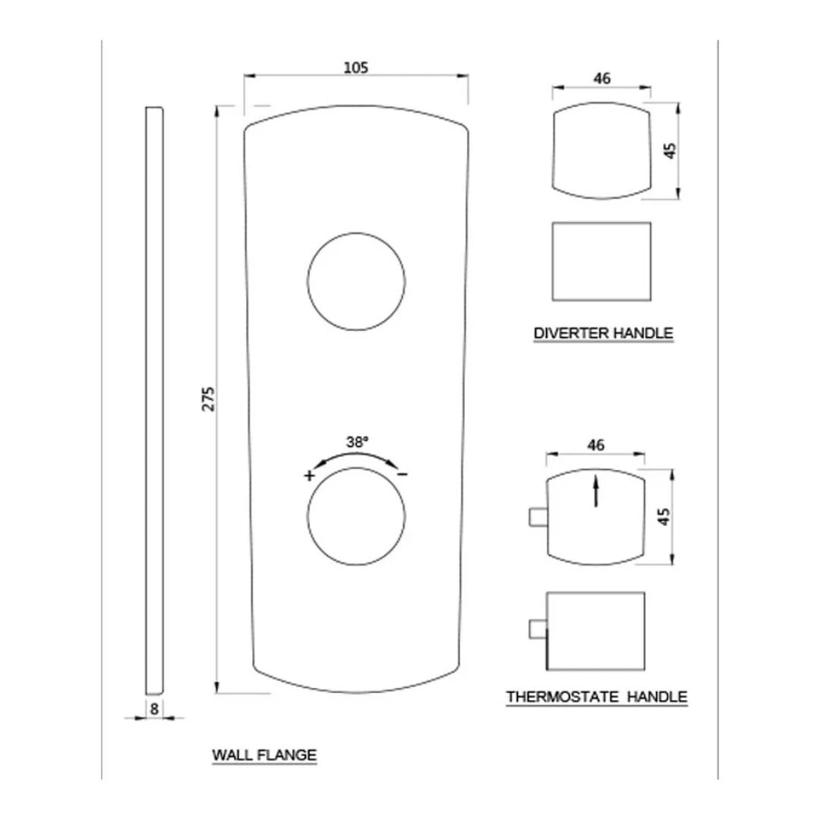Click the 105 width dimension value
pos(355,68)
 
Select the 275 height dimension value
pos(209,399)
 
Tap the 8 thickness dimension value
pos(154,709)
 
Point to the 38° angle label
pos(357,441)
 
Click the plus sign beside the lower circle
pos(309,476)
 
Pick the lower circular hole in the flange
pos(355,516)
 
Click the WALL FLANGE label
pos(263,755)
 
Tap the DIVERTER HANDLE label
pos(603,333)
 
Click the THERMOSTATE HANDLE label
pos(596,696)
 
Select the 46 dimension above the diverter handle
pos(601,78)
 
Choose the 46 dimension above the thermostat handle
pos(596,446)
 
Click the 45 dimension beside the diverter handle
pos(669,150)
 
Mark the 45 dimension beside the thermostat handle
pos(664,517)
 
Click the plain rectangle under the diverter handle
pos(601,260)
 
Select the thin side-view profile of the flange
pos(154,400)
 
